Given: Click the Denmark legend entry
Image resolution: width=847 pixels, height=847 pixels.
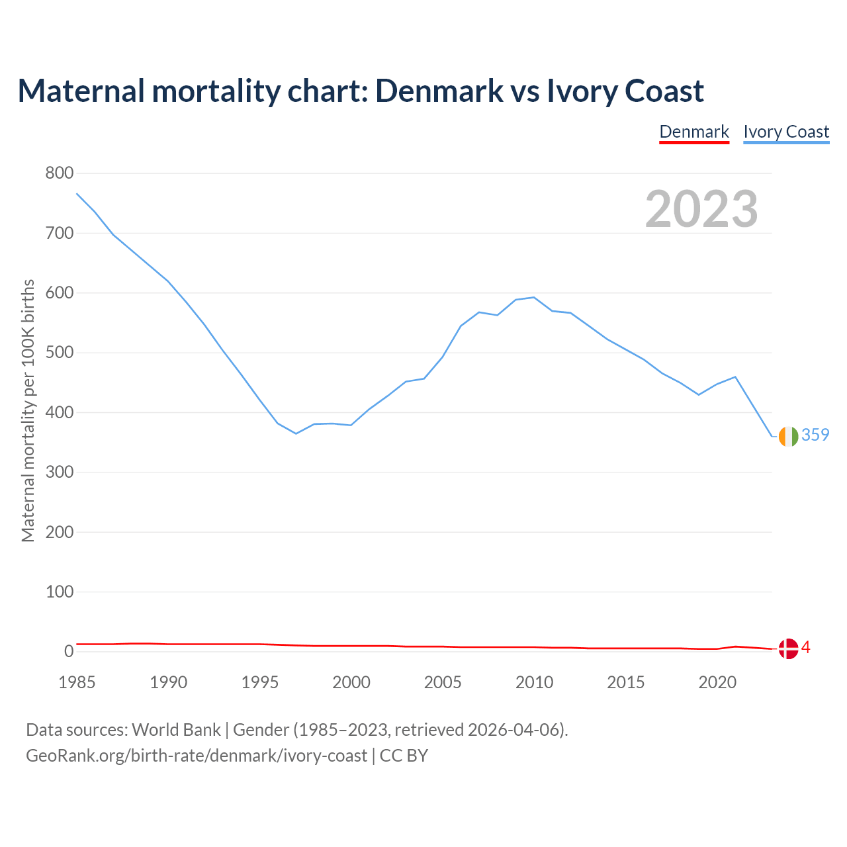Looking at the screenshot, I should pyautogui.click(x=694, y=132).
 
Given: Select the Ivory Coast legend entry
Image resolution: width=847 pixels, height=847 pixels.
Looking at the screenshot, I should pyautogui.click(x=786, y=132).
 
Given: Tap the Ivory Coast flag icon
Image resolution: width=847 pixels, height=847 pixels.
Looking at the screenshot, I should pyautogui.click(x=788, y=436).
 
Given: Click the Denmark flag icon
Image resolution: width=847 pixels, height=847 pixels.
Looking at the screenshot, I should pyautogui.click(x=788, y=648).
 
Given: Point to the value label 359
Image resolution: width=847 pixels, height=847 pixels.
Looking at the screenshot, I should pyautogui.click(x=815, y=435).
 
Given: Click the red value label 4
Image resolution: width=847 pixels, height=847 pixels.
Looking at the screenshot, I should pyautogui.click(x=806, y=647).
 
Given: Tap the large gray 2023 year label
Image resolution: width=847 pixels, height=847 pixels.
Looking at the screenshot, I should pyautogui.click(x=701, y=209).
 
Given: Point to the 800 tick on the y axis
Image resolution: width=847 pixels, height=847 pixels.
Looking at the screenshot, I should pyautogui.click(x=59, y=173).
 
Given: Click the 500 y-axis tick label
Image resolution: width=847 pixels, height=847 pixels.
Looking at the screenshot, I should pyautogui.click(x=59, y=353).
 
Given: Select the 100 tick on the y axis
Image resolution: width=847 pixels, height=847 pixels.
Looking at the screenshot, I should pyautogui.click(x=59, y=592).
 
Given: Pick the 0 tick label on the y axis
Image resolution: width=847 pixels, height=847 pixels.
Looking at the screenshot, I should pyautogui.click(x=69, y=652).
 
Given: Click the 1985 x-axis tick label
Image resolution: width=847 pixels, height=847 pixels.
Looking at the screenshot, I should pyautogui.click(x=77, y=682).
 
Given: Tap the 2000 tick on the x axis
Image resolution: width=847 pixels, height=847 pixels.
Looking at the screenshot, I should pyautogui.click(x=351, y=682).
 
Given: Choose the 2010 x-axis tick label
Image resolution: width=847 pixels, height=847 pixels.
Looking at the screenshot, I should pyautogui.click(x=534, y=682).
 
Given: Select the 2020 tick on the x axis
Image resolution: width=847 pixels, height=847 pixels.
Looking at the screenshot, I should pyautogui.click(x=717, y=682).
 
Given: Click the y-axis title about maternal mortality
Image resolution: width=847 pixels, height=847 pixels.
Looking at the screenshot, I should pyautogui.click(x=28, y=411).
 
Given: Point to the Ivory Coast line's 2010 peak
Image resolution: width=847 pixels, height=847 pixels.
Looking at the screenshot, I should pyautogui.click(x=534, y=297).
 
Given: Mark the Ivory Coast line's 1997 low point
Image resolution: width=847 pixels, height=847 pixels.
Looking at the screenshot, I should pyautogui.click(x=296, y=433).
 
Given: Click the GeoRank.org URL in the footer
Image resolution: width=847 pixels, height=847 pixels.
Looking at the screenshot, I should pyautogui.click(x=197, y=755).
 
